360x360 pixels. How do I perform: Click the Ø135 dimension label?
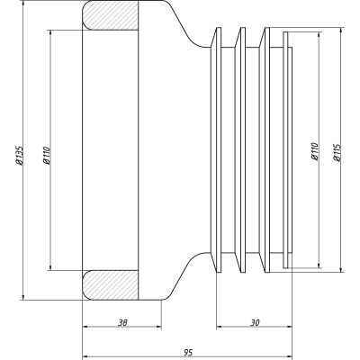pyautogui.click(x=20, y=156)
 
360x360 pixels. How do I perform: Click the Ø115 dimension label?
pyautogui.click(x=337, y=152)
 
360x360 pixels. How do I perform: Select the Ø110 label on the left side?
pyautogui.click(x=47, y=156)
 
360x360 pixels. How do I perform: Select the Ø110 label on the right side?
pyautogui.click(x=314, y=151)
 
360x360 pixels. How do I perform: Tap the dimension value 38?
pyautogui.click(x=122, y=323)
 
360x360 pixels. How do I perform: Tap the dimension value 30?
pyautogui.click(x=255, y=323)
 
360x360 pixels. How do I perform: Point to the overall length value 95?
pyautogui.click(x=188, y=352)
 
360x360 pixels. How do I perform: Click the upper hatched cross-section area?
pyautogui.click(x=111, y=15)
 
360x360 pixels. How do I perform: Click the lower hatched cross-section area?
pyautogui.click(x=111, y=285)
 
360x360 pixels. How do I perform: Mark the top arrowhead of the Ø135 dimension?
pyautogui.click(x=23, y=4)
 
